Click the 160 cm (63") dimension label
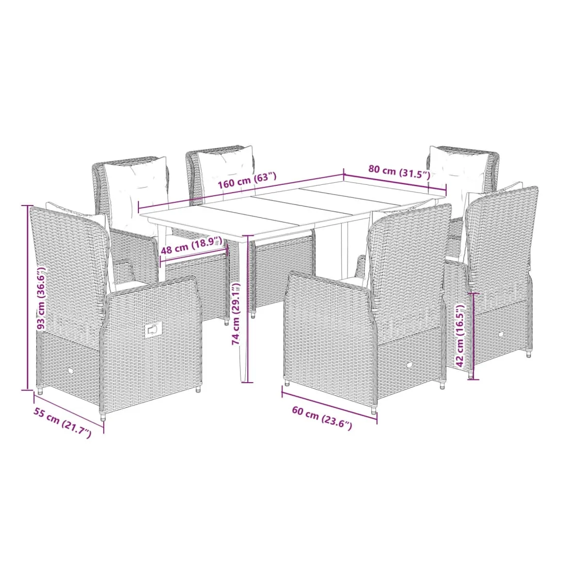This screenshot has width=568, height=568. point(247,181)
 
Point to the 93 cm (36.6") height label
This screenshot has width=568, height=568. point(42,297)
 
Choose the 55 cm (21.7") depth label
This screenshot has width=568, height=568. point(62,422)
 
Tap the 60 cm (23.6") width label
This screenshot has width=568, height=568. point(322,418)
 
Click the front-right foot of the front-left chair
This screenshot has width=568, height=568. point(198,389)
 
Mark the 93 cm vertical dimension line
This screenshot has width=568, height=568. point(27,297)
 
